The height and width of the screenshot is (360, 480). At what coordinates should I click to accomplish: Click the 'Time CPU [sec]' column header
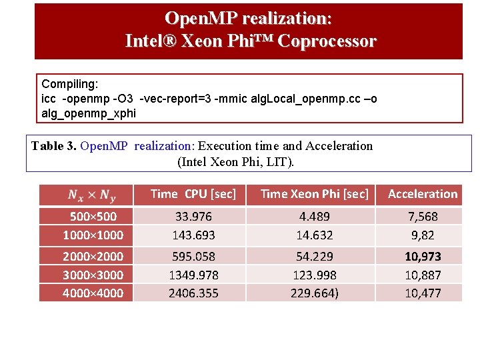pos(193,194)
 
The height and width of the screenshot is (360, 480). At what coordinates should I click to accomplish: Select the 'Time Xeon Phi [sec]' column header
pos(314,194)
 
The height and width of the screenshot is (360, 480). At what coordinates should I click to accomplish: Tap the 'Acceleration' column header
pos(423,194)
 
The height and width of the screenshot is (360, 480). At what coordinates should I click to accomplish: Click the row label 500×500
pos(93,216)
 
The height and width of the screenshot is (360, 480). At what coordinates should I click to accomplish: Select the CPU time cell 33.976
pos(193,216)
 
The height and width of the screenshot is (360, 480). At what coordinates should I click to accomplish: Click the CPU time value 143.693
pos(193,235)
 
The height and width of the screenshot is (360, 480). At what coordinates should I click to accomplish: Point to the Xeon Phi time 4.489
pos(314,216)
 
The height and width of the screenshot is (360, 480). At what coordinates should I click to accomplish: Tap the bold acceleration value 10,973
pos(423,256)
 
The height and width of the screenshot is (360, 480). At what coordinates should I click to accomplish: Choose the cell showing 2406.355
pos(193,293)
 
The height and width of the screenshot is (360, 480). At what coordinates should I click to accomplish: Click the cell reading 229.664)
pos(314,293)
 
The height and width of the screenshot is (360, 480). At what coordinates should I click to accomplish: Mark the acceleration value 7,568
pos(423,216)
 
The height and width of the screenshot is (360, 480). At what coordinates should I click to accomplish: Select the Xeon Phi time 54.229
pos(314,256)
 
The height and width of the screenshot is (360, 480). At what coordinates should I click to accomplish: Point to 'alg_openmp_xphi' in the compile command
pos(88,113)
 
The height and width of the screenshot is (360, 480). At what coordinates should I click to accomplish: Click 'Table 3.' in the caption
pos(53,146)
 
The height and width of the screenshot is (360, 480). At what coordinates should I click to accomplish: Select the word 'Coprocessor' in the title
pos(327,41)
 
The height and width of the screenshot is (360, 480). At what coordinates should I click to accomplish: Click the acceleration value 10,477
pos(423,293)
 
